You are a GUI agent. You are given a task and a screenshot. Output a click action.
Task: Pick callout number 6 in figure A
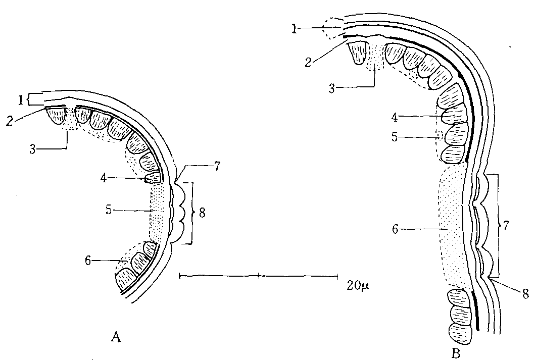click(x=89, y=261)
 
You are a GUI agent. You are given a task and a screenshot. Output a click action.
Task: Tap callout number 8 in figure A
click(x=202, y=213)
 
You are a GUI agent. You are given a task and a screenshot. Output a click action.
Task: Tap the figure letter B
click(x=456, y=353)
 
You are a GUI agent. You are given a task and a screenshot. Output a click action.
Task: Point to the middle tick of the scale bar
click(x=259, y=276)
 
